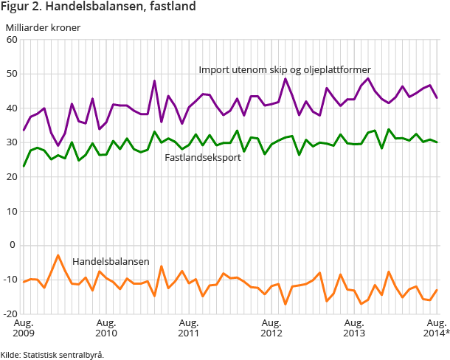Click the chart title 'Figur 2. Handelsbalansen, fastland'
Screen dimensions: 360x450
pyautogui.click(x=98, y=8)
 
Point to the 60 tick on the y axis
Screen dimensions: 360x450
pyautogui.click(x=12, y=40)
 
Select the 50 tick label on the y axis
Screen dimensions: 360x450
pyautogui.click(x=12, y=74)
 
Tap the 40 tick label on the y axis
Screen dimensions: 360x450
pyautogui.click(x=12, y=108)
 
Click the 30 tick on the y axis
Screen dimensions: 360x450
pyautogui.click(x=12, y=142)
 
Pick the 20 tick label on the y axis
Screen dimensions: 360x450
pyautogui.click(x=12, y=177)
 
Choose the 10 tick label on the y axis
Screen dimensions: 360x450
pyautogui.click(x=12, y=211)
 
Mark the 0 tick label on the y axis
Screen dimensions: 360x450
pyautogui.click(x=14, y=246)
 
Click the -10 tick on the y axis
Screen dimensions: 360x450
pyautogui.click(x=10, y=280)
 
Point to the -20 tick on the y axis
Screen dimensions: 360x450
pyautogui.click(x=10, y=314)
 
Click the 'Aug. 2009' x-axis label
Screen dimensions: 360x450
pyautogui.click(x=24, y=328)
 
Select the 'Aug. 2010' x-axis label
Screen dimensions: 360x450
pyautogui.click(x=106, y=328)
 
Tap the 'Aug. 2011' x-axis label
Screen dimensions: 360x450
pyautogui.click(x=189, y=328)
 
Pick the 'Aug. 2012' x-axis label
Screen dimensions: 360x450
pyautogui.click(x=271, y=328)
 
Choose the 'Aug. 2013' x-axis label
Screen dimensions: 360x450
pyautogui.click(x=354, y=328)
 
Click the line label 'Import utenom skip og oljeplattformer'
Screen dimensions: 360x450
pyautogui.click(x=284, y=70)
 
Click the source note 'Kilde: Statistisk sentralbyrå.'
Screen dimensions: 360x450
pyautogui.click(x=52, y=354)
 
